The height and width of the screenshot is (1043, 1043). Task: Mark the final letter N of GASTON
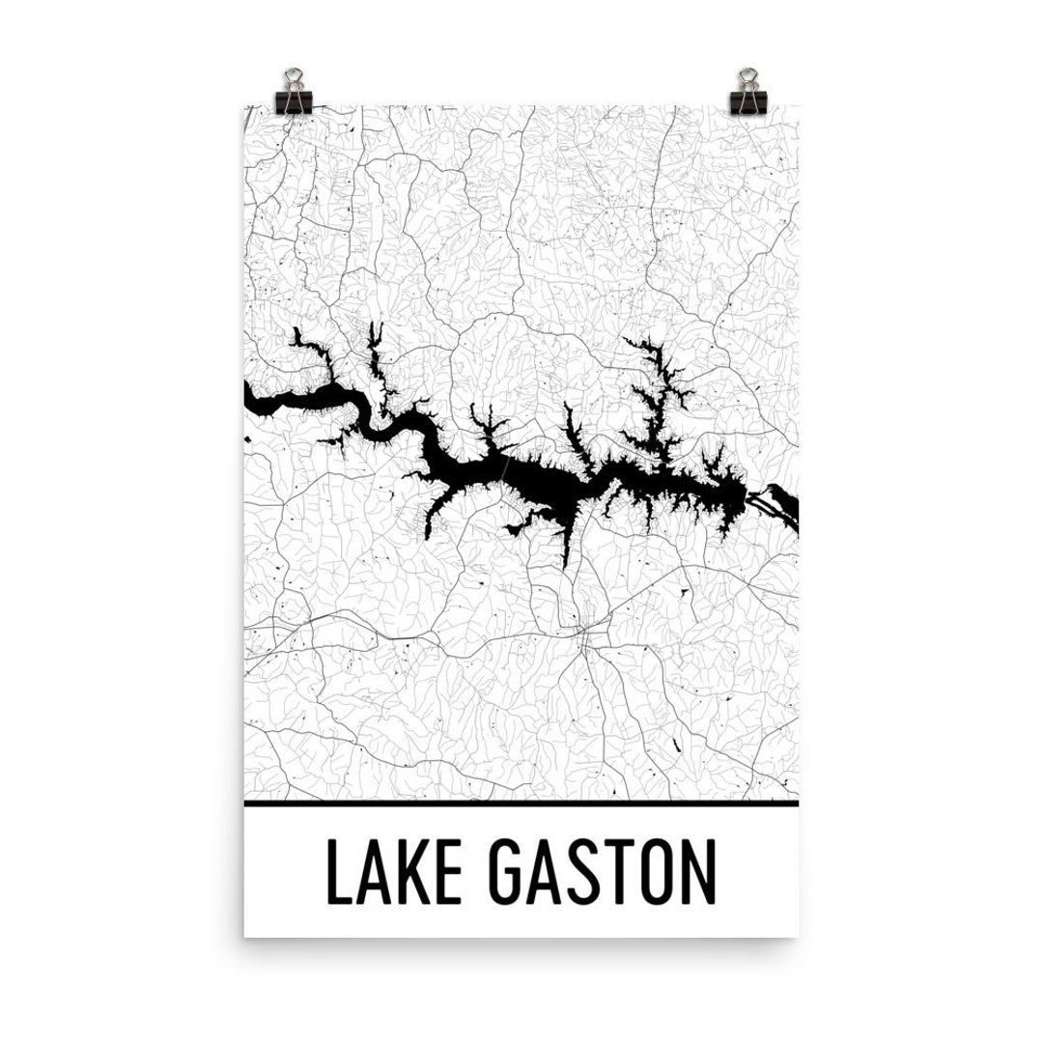[700, 874]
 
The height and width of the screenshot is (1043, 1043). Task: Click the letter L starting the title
[337, 874]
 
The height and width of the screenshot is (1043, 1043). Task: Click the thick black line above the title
[521, 803]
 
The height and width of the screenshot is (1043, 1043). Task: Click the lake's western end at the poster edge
[253, 398]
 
